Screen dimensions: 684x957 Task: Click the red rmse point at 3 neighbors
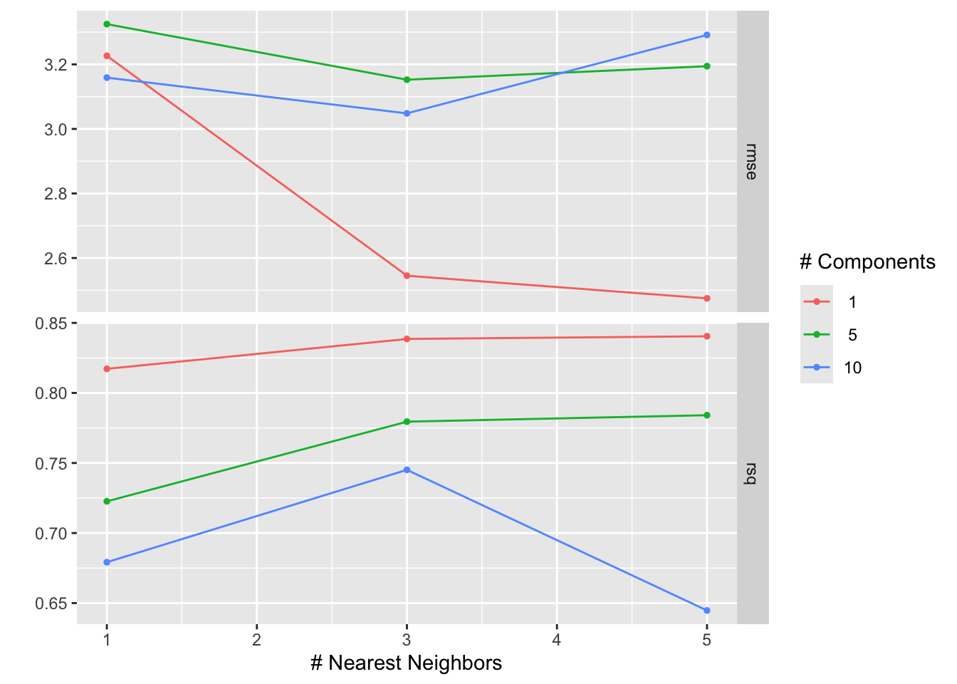407,276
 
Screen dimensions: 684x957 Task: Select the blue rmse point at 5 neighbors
706,35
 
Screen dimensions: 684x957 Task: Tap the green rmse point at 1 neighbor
107,24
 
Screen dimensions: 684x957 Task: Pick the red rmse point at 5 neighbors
706,299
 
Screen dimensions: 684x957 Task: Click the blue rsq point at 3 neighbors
407,470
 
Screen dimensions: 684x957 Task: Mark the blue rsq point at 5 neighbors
706,611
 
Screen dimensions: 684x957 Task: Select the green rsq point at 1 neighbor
107,502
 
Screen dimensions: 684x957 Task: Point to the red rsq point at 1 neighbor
107,369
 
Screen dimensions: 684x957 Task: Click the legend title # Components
867,262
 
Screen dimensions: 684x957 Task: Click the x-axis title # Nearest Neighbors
406,663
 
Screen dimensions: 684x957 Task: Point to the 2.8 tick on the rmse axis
56,194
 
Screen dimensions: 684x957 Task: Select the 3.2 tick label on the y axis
56,65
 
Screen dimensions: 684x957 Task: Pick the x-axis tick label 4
556,640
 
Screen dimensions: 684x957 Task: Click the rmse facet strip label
752,162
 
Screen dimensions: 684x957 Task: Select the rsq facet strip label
752,474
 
